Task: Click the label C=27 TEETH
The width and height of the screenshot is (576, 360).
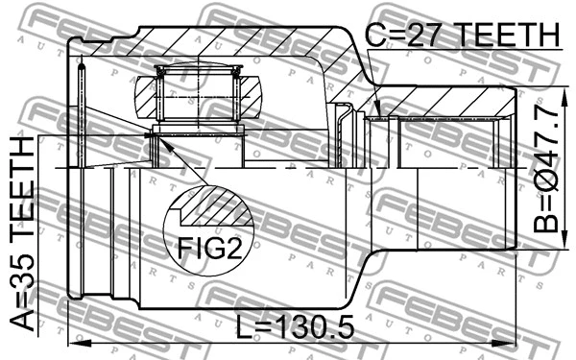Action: tap(461, 36)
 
